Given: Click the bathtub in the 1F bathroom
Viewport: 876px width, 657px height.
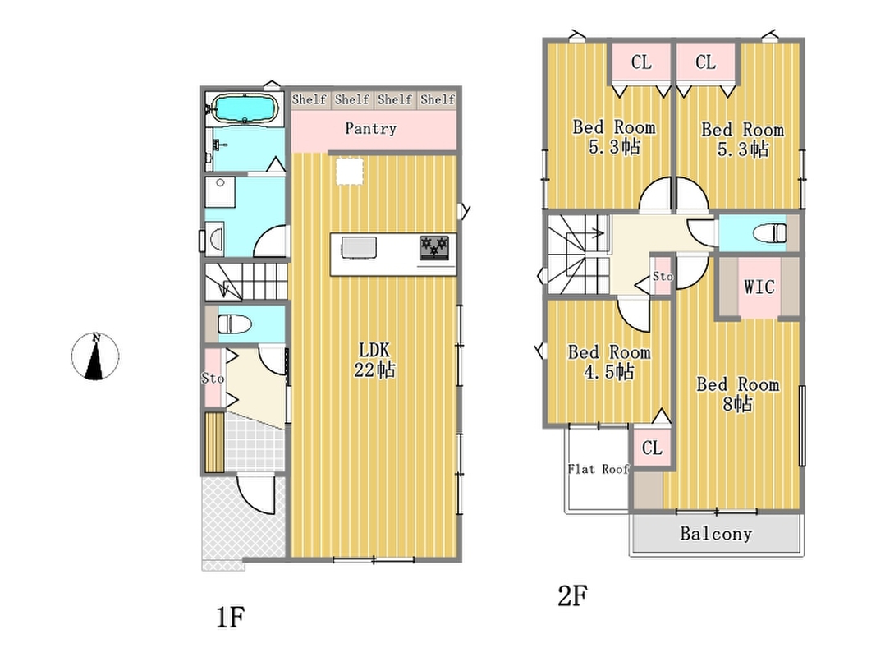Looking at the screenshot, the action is click(245, 108).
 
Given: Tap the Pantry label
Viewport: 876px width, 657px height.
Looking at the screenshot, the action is click(371, 128).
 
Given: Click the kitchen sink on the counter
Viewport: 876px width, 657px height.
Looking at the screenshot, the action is click(359, 247).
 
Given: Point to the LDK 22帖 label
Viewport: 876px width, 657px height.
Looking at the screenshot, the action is click(374, 360).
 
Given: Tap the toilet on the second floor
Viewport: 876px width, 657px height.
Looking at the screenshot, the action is click(770, 233).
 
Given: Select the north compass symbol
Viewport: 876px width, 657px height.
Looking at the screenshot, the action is click(95, 356).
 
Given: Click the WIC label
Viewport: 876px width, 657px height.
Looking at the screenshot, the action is click(759, 287).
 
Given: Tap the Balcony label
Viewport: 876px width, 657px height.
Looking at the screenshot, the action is click(716, 534).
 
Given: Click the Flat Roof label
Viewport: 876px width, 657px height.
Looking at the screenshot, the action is click(599, 469).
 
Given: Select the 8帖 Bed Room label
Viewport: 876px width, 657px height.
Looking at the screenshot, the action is click(737, 394).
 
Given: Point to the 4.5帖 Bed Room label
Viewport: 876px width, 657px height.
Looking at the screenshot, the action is click(609, 362).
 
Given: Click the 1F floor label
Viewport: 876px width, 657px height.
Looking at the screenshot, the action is click(231, 618).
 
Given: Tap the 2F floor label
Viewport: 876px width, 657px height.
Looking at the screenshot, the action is click(572, 595).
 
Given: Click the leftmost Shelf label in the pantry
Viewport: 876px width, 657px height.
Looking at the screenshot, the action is click(309, 99).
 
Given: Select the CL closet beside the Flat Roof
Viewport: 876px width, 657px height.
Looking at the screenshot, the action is click(652, 448).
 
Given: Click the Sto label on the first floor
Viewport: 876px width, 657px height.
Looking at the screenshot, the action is click(213, 379).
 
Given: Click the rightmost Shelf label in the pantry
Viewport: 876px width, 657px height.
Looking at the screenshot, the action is click(438, 99).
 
